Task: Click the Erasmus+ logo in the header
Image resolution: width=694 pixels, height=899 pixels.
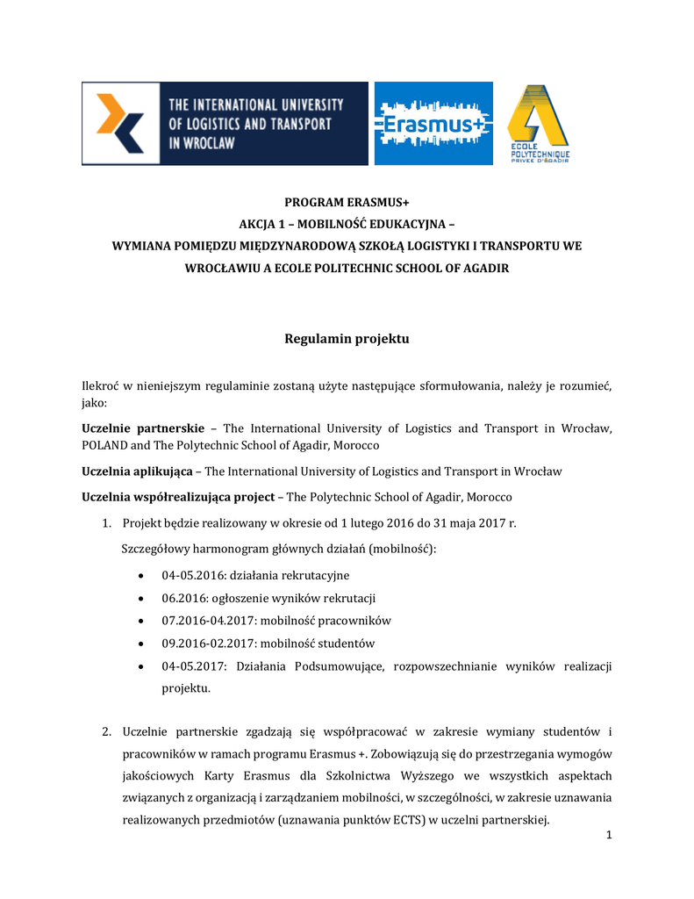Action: pos(433,124)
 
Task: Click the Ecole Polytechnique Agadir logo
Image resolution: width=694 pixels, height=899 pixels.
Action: pos(538,124)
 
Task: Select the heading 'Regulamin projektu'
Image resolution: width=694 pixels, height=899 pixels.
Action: pos(347,339)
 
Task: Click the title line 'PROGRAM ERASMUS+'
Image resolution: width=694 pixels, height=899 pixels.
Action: pos(347,204)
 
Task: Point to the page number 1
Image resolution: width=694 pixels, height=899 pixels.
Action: pos(608,834)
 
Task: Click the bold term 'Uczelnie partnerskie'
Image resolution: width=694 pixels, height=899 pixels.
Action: pos(142,428)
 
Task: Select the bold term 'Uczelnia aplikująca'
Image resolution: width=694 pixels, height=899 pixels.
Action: pos(137,471)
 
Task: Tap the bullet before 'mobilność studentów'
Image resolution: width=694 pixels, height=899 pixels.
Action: pos(142,644)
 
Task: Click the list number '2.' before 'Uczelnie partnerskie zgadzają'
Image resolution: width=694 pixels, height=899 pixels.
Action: pos(105,732)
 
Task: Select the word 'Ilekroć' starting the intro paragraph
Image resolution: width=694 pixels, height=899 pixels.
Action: pos(101,386)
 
